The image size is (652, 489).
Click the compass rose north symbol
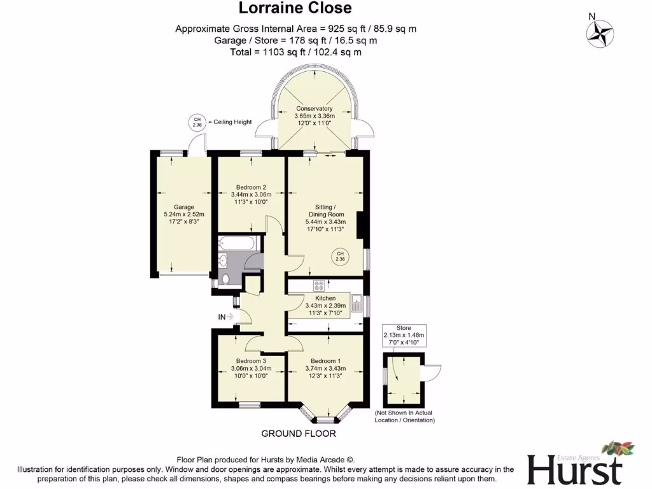click(600, 32)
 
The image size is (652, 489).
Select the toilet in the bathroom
click(225, 277)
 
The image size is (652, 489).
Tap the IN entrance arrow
click(226, 316)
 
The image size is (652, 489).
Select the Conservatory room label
click(314, 109)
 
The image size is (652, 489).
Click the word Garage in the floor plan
click(184, 207)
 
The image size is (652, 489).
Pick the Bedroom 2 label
click(251, 187)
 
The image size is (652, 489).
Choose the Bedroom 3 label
click(251, 361)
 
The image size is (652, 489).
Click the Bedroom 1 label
click(325, 361)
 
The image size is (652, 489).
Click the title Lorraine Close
click(295, 9)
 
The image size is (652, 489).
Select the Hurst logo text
click(574, 470)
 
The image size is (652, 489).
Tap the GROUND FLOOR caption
click(298, 434)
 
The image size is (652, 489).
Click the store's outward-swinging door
click(434, 372)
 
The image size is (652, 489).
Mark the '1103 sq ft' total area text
click(276, 52)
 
